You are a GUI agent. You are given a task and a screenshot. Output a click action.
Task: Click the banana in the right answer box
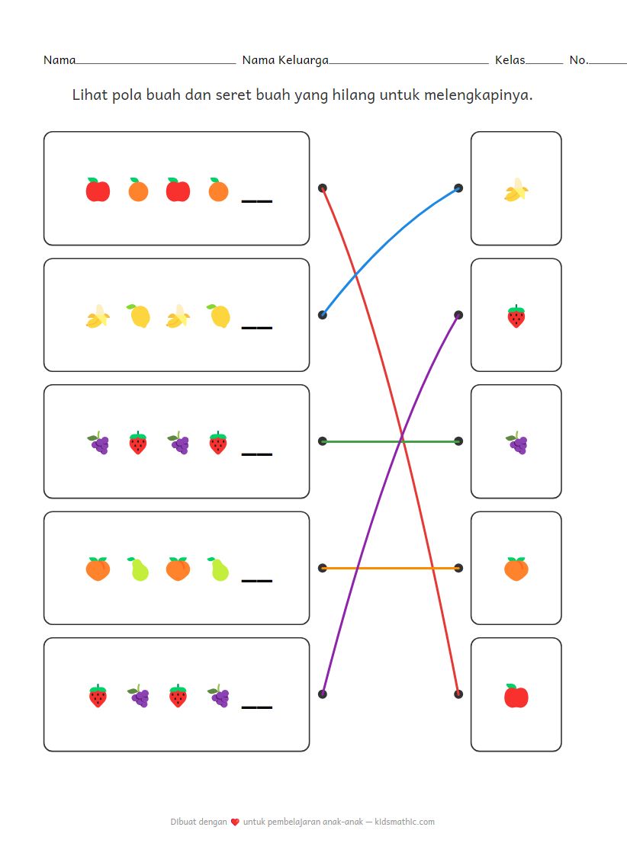pos(516,190)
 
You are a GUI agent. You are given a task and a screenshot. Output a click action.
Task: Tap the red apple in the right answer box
pos(516,696)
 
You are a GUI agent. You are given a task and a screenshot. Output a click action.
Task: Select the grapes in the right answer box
pos(516,443)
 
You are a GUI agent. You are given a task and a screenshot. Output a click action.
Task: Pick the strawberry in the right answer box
pos(516,316)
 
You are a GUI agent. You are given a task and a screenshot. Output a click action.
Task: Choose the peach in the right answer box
pos(516,569)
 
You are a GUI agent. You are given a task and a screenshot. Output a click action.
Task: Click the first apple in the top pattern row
pos(98,190)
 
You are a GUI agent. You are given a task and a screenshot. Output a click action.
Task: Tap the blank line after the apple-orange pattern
pos(256,201)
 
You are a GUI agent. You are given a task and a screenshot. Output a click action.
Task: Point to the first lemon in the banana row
pos(138,316)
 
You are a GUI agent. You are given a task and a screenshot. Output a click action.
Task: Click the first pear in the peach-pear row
pos(138,569)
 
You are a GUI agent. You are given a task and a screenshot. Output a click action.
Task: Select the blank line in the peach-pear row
pos(256,581)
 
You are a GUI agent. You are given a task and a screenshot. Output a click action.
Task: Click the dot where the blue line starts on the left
pos(323,315)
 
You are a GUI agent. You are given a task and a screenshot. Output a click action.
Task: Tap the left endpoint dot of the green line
pos(323,441)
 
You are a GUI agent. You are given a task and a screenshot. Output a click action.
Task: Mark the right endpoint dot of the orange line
pos(458,568)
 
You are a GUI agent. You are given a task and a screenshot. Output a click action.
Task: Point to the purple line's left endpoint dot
pos(323,694)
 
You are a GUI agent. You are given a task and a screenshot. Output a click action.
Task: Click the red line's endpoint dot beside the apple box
pos(458,694)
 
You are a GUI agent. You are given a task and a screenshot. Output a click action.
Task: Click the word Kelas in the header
pos(510,60)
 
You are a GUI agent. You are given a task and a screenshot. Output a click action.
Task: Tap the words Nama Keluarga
pos(285,60)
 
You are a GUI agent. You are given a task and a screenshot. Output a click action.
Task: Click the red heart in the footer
pos(235,822)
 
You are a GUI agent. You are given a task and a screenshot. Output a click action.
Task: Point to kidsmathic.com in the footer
pos(405,822)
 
